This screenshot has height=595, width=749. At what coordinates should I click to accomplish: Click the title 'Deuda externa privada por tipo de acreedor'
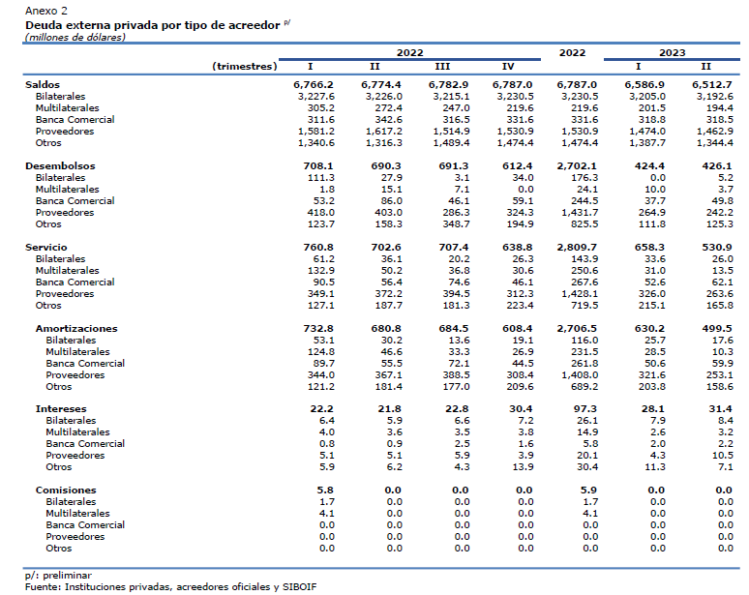pos(152,25)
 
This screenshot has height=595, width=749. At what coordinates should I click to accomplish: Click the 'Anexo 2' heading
pos(46,11)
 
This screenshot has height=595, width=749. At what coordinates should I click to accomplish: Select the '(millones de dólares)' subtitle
pos(75,37)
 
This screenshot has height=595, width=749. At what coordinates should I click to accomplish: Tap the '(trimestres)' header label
pos(245,67)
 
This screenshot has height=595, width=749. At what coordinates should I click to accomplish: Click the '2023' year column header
pos(673,52)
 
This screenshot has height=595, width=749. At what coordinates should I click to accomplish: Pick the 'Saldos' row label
pos(43,84)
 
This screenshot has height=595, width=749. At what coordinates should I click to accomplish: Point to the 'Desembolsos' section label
pos(60,165)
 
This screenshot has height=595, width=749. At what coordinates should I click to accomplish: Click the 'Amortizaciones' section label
pos(76,329)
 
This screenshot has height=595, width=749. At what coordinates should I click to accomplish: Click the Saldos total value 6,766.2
pos(314,84)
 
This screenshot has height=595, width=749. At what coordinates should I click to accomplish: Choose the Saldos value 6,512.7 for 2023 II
pos(712,84)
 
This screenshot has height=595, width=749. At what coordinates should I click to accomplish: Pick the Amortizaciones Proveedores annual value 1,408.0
pos(580,374)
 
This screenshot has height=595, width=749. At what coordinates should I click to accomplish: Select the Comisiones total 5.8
pos(325,490)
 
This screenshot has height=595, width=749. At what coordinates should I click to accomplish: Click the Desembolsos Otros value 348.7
pos(456,223)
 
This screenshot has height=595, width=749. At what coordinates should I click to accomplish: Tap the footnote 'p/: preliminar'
pos(58,576)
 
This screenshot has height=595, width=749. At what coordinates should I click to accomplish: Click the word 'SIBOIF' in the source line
pos(300,587)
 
